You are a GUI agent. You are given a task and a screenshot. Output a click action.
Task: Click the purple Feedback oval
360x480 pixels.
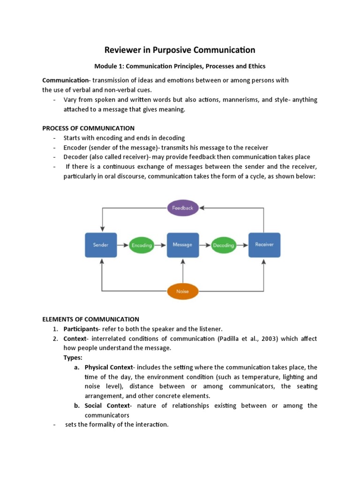tap(183, 207)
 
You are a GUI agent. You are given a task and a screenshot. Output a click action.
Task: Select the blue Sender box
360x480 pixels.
tap(101, 245)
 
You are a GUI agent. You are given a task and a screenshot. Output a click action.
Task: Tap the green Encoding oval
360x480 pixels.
tap(142, 245)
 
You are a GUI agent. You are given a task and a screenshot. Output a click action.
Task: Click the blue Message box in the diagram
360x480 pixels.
tap(183, 245)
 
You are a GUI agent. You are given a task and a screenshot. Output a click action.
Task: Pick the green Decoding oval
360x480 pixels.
tap(224, 245)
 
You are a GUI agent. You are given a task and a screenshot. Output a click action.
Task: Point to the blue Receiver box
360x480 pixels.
tap(264, 245)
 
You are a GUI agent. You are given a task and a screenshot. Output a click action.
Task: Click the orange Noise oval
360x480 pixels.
tap(183, 291)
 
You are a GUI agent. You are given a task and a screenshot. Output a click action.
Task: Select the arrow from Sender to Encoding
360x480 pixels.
tap(122, 245)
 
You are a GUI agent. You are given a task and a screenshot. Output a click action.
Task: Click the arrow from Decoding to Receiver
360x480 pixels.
tap(242, 245)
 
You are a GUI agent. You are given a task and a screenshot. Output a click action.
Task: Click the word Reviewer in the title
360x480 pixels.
tap(124, 50)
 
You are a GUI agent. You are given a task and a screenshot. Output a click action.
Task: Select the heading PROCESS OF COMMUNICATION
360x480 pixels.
tap(89, 128)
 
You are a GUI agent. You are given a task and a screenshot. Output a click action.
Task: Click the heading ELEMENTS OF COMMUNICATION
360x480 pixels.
tap(91, 319)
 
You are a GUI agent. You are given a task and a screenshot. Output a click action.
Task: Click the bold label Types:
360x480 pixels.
tap(73, 358)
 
